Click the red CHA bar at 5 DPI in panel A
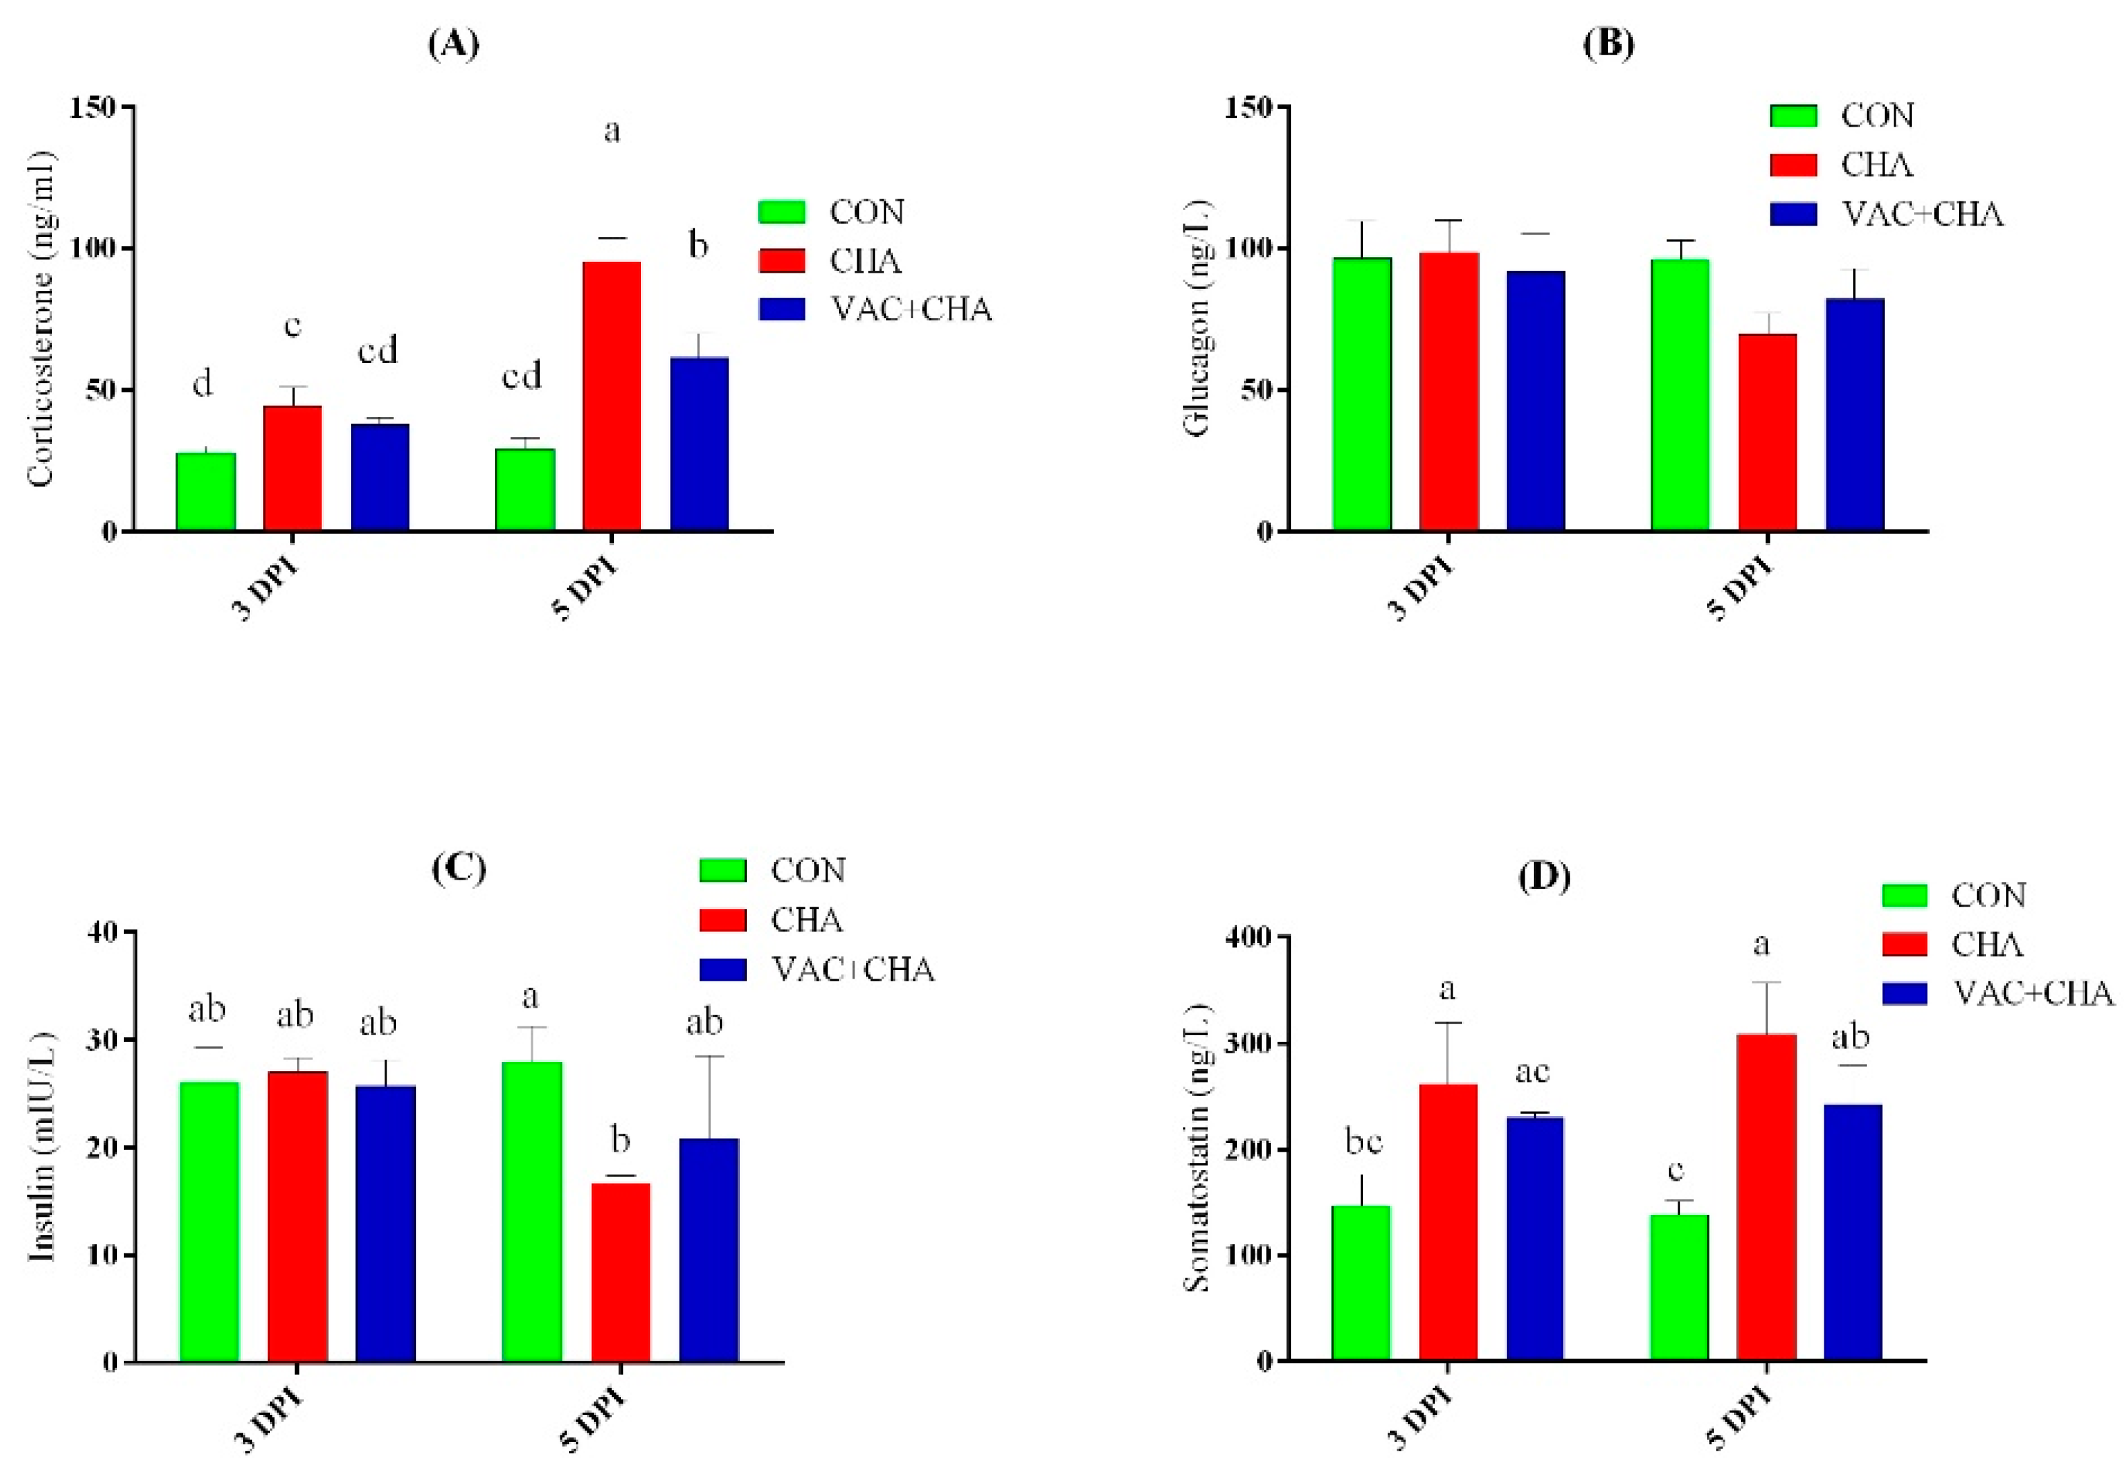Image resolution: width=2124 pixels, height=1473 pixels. [611, 397]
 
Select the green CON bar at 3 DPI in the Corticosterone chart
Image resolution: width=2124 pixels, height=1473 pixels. [206, 491]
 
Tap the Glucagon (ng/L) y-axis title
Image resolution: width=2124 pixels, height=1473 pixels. [1197, 319]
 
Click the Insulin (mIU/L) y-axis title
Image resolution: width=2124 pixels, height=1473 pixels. [42, 1146]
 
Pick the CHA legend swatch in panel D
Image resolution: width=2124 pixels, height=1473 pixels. [1904, 944]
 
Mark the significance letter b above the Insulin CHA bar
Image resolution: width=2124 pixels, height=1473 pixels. [621, 1141]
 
